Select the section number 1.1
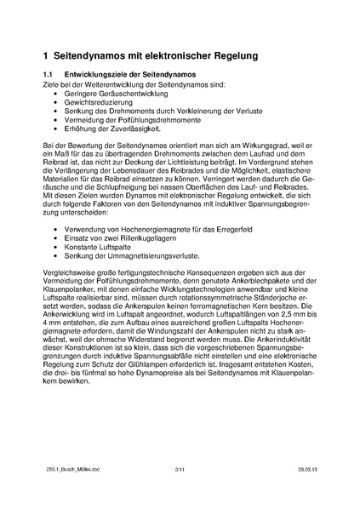coord(49,77)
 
